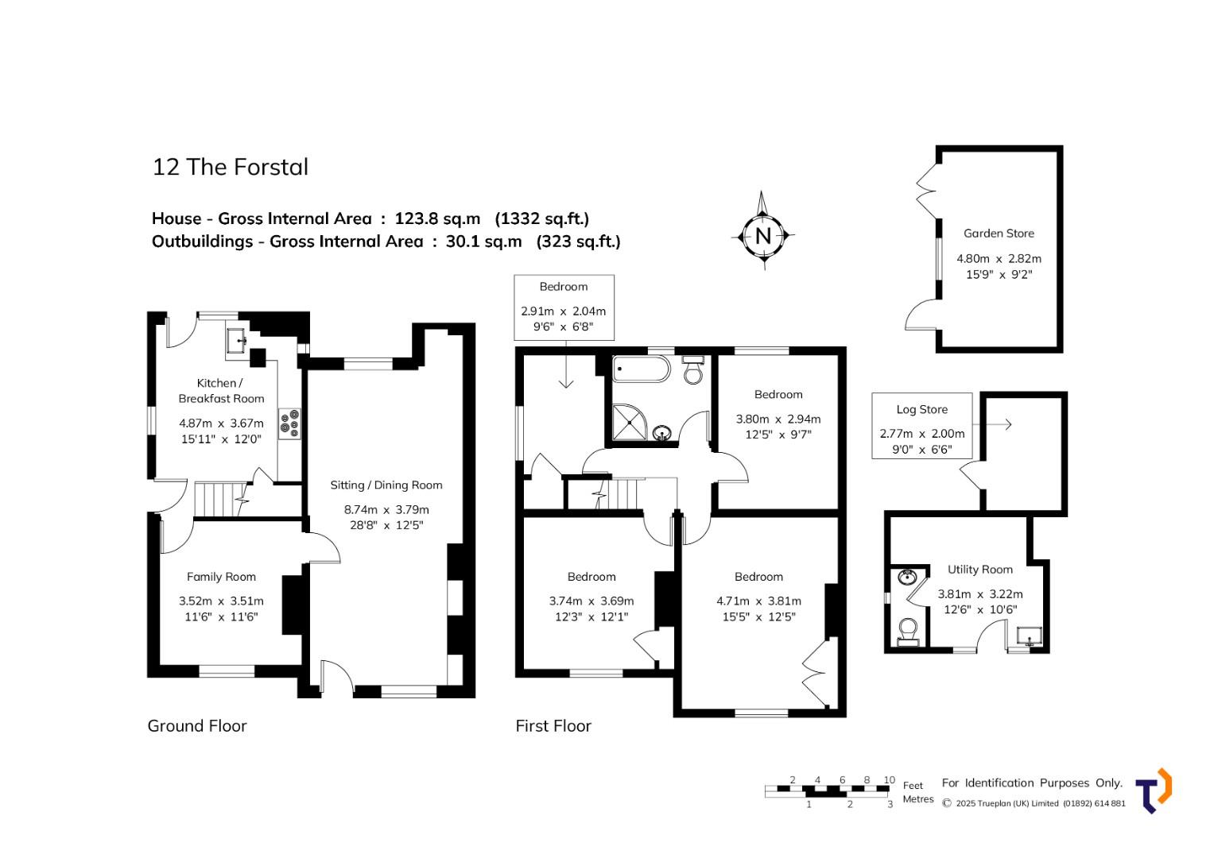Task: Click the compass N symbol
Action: pos(763,236)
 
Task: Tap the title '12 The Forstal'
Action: pos(231,167)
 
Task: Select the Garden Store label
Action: pos(999,234)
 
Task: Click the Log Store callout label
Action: pos(922,409)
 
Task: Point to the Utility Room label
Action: pos(980,570)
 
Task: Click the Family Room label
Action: pos(221,577)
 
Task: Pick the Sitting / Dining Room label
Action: pos(386,485)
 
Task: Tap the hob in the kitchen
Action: pos(290,423)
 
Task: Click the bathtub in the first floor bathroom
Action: pos(642,369)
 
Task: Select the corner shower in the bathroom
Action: pos(629,422)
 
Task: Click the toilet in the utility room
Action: pos(907,632)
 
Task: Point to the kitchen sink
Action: pos(237,340)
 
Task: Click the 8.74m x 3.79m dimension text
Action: pos(386,510)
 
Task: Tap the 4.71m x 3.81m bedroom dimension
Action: pos(758,601)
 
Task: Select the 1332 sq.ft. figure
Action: pos(542,218)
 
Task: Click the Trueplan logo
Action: pos(1154,790)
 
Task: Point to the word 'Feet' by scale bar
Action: pos(913,786)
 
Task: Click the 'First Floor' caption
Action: pos(553,726)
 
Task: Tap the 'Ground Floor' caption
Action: pos(197,726)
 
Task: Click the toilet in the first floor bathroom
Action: pos(693,370)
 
